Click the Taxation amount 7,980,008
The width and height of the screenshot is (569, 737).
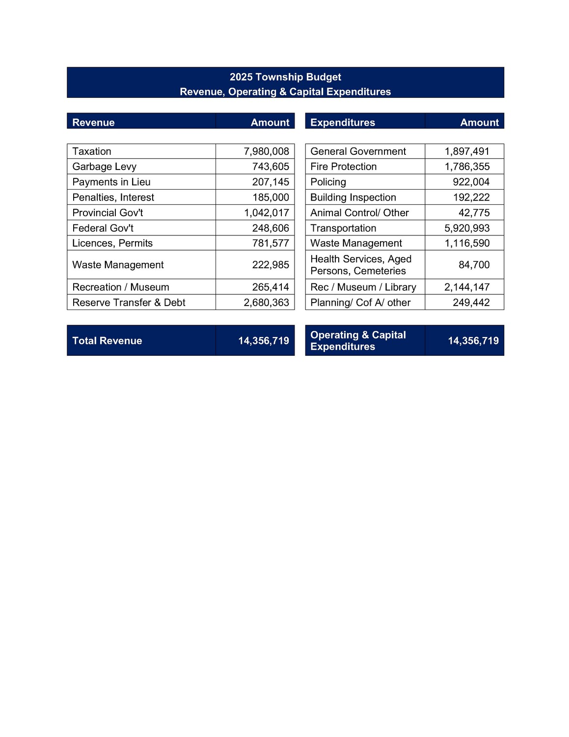[266, 151]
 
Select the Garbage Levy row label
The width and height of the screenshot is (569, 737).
[104, 167]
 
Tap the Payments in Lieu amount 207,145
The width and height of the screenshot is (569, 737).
[271, 182]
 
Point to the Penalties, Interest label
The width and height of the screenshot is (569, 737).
[113, 198]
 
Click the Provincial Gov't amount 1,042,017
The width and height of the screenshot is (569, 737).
[266, 213]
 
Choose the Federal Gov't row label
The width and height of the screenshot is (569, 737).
[103, 228]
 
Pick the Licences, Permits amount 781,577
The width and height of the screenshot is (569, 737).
[271, 243]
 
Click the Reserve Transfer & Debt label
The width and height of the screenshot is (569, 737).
[129, 303]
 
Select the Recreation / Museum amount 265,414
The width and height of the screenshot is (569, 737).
[271, 287]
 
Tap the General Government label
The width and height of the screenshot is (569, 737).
[358, 151]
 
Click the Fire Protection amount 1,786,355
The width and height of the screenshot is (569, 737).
[467, 167]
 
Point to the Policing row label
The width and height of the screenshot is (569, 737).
[328, 182]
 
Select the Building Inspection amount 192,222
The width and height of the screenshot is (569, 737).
[471, 198]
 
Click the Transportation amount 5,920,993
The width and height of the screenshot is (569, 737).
[467, 228]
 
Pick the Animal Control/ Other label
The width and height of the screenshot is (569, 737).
[359, 213]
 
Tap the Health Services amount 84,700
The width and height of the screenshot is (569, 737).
[474, 265]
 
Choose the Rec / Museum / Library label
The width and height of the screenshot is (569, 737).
[363, 287]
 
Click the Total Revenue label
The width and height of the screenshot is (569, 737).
[107, 341]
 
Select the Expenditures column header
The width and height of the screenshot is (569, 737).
[343, 122]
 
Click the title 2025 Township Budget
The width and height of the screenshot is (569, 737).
[285, 77]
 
